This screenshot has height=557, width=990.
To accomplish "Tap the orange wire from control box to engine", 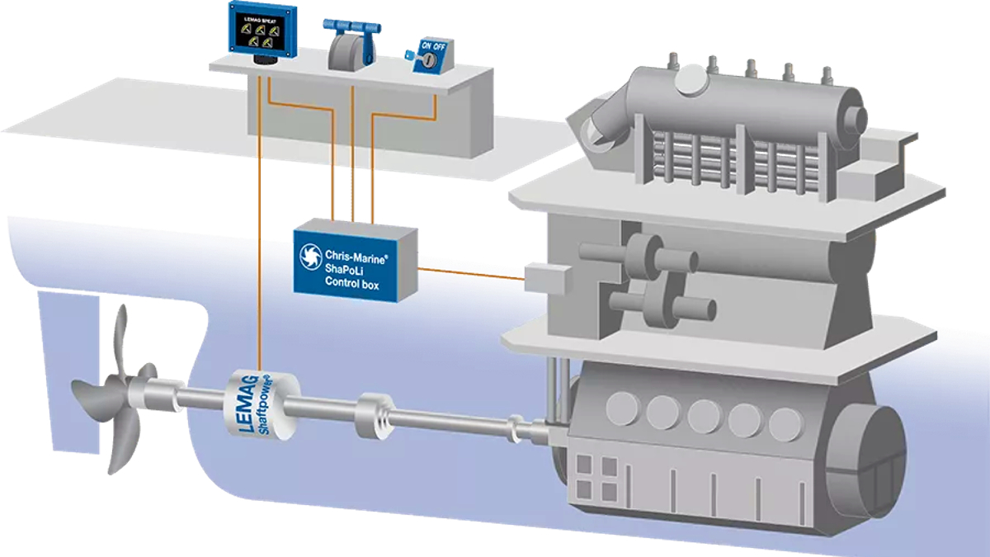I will coord(470,273).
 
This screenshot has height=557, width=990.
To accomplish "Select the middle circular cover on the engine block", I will coord(703,416).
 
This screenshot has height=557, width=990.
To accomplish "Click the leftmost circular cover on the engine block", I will coord(621,408).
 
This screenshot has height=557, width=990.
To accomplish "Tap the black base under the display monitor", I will coord(262,59).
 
